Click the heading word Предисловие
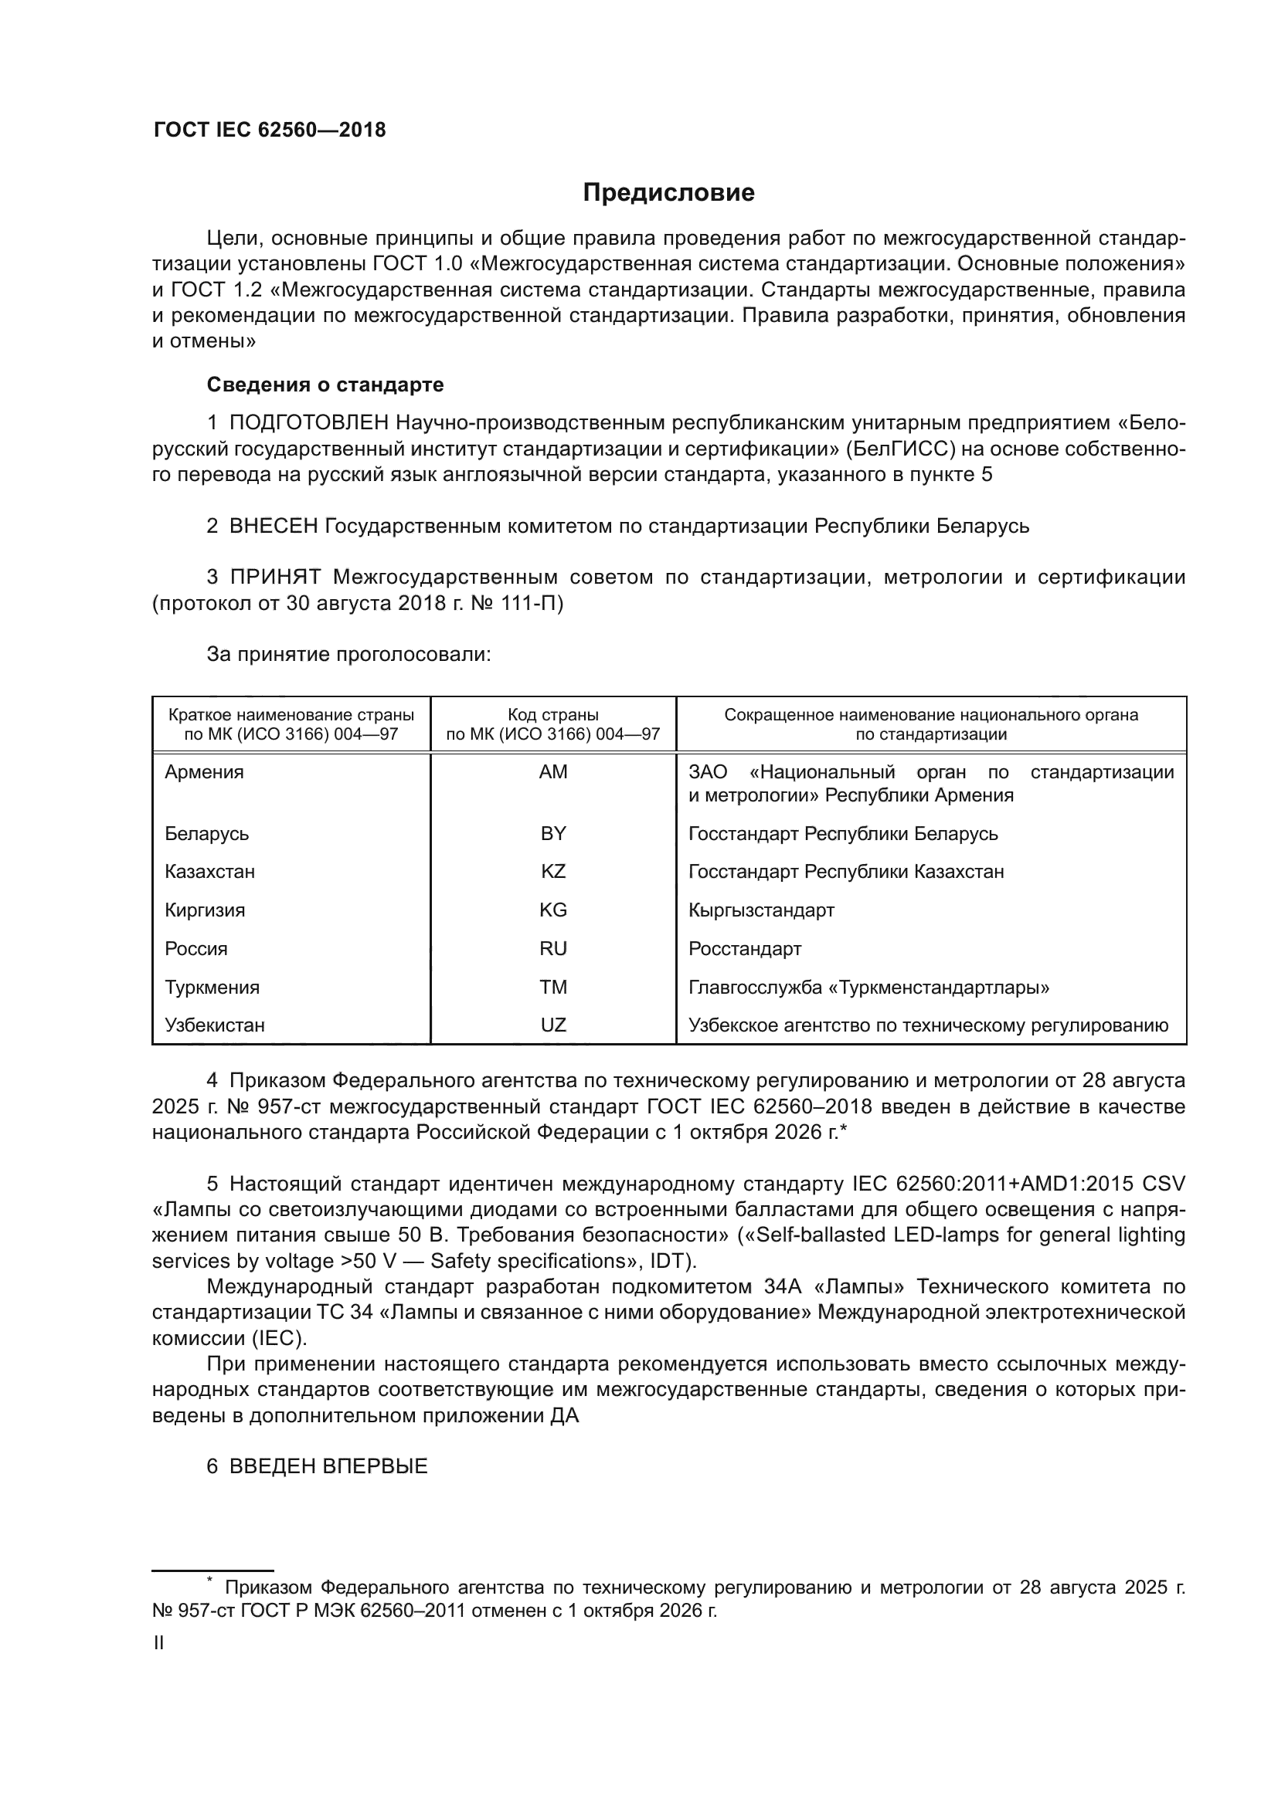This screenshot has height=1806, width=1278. tap(668, 193)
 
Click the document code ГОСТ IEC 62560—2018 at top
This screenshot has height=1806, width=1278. tap(269, 130)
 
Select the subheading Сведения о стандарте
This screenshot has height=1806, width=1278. tap(325, 385)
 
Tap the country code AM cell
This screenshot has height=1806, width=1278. tap(553, 771)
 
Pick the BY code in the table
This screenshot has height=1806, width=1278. tap(553, 833)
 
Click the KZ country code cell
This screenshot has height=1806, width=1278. tap(553, 872)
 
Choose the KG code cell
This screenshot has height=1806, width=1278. tap(553, 910)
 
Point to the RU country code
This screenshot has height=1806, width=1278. tap(553, 949)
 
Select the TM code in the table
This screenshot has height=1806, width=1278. tap(553, 988)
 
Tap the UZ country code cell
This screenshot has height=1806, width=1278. tap(553, 1025)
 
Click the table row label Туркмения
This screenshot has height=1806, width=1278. tap(212, 988)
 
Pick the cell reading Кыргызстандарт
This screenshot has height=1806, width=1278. tap(761, 910)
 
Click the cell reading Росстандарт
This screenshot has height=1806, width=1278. tap(744, 949)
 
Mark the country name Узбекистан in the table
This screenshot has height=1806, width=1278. tap(215, 1025)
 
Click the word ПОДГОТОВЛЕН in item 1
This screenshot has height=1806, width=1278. tap(309, 423)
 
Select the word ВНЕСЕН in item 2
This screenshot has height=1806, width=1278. tap(273, 526)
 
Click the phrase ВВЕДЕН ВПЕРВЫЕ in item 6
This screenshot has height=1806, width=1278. tap(328, 1466)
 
